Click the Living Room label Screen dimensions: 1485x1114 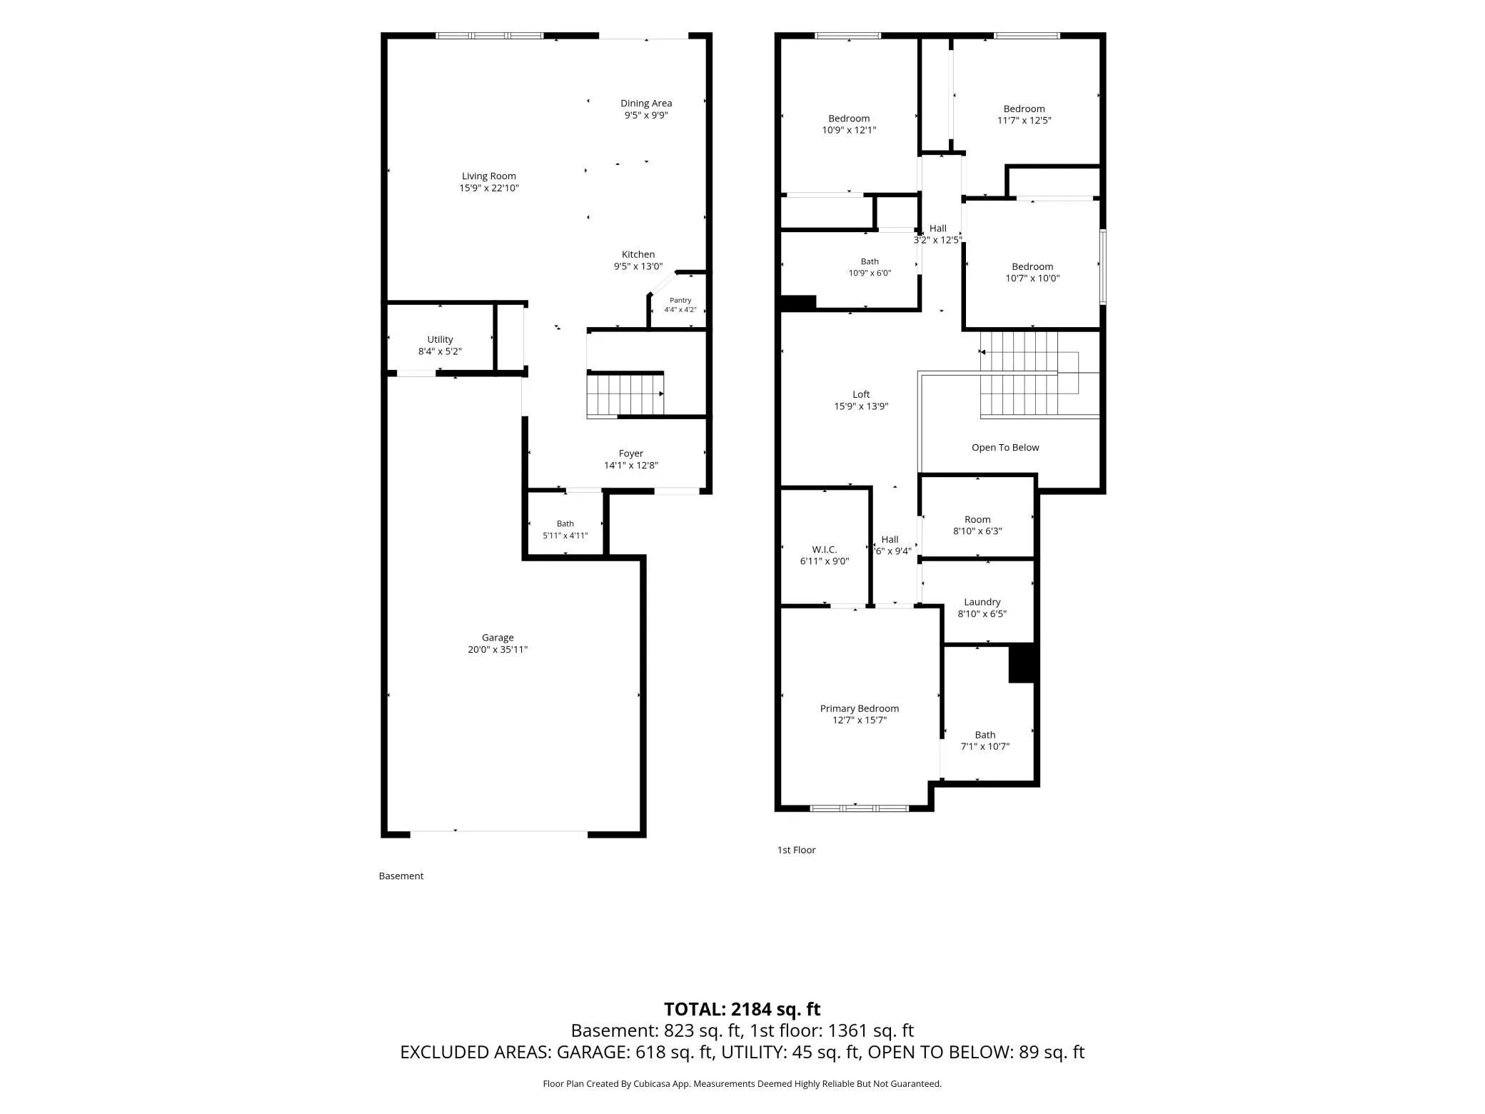coord(488,176)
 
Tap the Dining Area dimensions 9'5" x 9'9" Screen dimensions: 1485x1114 coord(646,115)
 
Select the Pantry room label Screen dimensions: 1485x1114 coord(680,300)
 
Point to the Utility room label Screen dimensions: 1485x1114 coord(440,339)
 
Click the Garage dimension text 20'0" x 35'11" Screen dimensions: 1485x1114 coord(498,649)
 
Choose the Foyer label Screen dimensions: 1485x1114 coord(631,453)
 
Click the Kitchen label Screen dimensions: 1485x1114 coord(638,254)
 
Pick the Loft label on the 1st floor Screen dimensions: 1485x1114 coord(861,394)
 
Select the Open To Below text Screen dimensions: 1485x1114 coord(1005,448)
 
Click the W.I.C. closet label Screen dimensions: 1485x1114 coord(825,549)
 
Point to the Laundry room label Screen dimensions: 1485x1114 coord(982,602)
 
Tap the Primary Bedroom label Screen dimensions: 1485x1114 coord(860,708)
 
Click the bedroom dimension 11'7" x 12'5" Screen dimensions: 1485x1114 coord(1025,120)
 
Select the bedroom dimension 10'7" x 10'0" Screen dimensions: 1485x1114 coord(1032,278)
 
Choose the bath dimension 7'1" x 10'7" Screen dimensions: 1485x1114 coord(985,746)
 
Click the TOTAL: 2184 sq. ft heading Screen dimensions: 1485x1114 coord(742,1009)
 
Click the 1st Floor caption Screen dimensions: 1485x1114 coord(796,850)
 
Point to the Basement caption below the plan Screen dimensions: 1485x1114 coord(401,875)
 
